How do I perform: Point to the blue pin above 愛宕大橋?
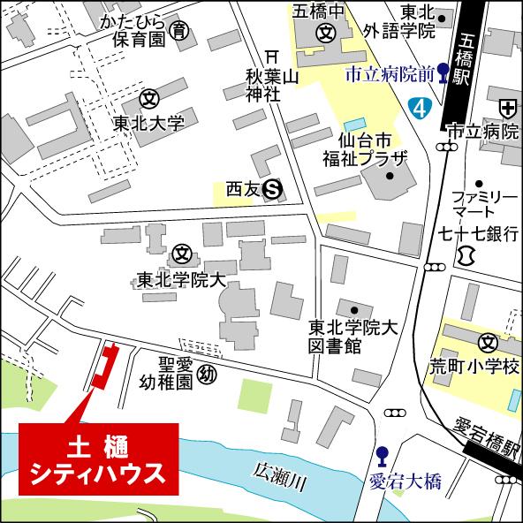click(382, 457)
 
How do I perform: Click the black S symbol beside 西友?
click(275, 187)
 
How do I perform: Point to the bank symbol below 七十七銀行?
click(466, 255)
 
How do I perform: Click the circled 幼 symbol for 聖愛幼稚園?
click(207, 375)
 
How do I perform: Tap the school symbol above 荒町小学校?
click(487, 342)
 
